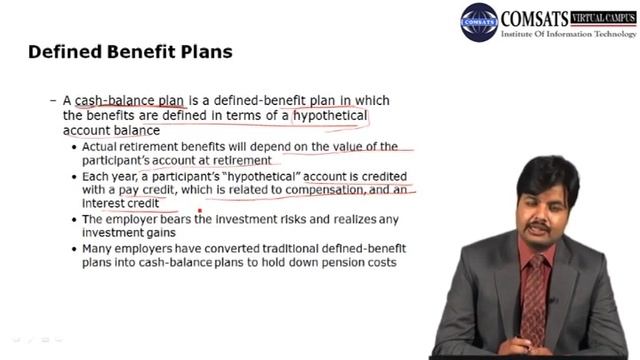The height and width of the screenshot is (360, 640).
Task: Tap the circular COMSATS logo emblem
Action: point(479,22)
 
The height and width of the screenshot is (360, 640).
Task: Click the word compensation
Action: point(338,189)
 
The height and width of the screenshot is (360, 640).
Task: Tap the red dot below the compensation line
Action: point(201,211)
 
